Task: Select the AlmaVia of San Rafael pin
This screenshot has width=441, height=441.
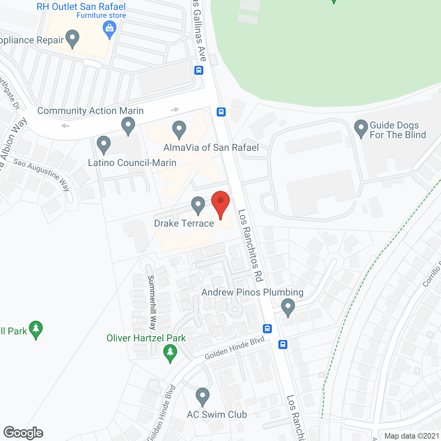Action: pos(179,129)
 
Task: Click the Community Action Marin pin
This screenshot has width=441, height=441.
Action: pos(128,126)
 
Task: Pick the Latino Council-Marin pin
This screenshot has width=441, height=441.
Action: pos(103,145)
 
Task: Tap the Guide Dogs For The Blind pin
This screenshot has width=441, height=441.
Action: pos(361,128)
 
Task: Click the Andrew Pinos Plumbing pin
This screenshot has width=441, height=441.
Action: pos(288,307)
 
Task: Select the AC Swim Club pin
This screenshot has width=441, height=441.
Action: pos(202,396)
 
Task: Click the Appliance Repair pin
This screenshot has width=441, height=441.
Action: pos(72,39)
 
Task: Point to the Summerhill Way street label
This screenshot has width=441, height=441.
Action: pos(152,302)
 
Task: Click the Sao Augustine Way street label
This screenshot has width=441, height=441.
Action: pos(42,174)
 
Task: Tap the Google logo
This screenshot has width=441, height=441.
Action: pos(23,433)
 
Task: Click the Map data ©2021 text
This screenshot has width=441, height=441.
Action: pos(412,436)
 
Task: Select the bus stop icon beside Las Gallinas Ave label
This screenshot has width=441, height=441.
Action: pos(198,70)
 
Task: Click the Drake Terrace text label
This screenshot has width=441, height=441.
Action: pos(184,223)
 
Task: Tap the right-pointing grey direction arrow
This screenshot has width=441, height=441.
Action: pos(175,110)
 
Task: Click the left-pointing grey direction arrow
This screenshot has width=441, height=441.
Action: pos(65,126)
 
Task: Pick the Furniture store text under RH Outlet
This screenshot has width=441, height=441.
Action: pos(101,16)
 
